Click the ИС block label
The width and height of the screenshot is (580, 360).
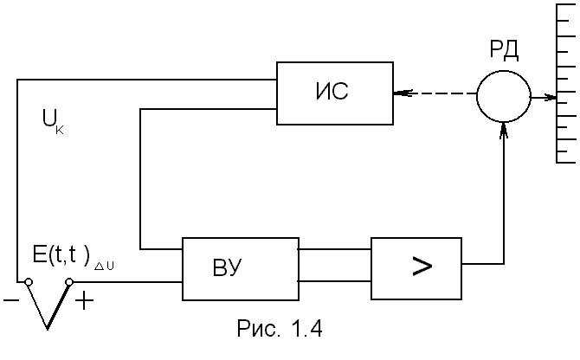pyautogui.click(x=332, y=91)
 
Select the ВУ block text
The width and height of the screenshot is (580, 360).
pyautogui.click(x=227, y=267)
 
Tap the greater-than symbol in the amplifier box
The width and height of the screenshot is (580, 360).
pyautogui.click(x=422, y=267)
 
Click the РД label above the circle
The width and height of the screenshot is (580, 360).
pyautogui.click(x=504, y=49)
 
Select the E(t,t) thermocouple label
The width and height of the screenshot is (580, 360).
pyautogui.click(x=61, y=254)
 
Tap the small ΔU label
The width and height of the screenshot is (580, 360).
pyautogui.click(x=104, y=266)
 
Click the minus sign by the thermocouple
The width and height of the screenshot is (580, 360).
pyautogui.click(x=11, y=300)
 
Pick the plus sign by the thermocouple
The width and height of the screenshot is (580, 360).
pyautogui.click(x=85, y=300)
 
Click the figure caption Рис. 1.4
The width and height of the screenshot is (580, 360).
pyautogui.click(x=280, y=328)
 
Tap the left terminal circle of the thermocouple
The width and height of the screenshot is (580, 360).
pyautogui.click(x=29, y=282)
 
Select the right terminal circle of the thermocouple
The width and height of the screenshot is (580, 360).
pyautogui.click(x=69, y=282)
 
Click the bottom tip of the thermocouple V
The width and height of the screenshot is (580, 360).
pyautogui.click(x=48, y=329)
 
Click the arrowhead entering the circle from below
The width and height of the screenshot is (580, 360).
pyautogui.click(x=504, y=130)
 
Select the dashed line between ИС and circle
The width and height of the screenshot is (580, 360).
pyautogui.click(x=435, y=93)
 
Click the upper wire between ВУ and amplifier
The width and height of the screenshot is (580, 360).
pyautogui.click(x=335, y=249)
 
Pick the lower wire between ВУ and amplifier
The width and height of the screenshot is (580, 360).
pyautogui.click(x=335, y=281)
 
